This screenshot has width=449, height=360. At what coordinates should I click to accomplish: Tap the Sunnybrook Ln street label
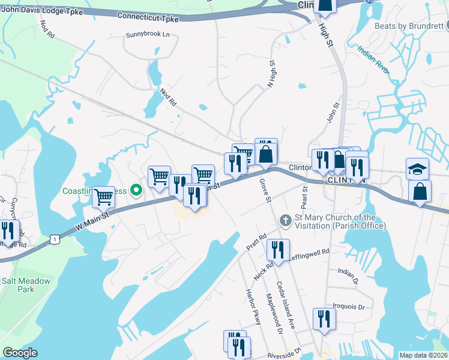click(148, 35)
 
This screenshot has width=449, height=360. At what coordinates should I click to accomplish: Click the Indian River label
click(372, 61)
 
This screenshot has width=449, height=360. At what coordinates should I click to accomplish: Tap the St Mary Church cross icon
click(285, 221)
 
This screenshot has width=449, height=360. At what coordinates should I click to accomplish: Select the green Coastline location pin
click(136, 191)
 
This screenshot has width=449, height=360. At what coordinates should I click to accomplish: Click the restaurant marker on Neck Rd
click(278, 248)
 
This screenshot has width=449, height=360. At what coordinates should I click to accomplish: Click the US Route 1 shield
click(55, 239)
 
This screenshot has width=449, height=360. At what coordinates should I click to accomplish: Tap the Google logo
click(19, 353)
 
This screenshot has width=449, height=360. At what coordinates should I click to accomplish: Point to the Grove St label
click(266, 190)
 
